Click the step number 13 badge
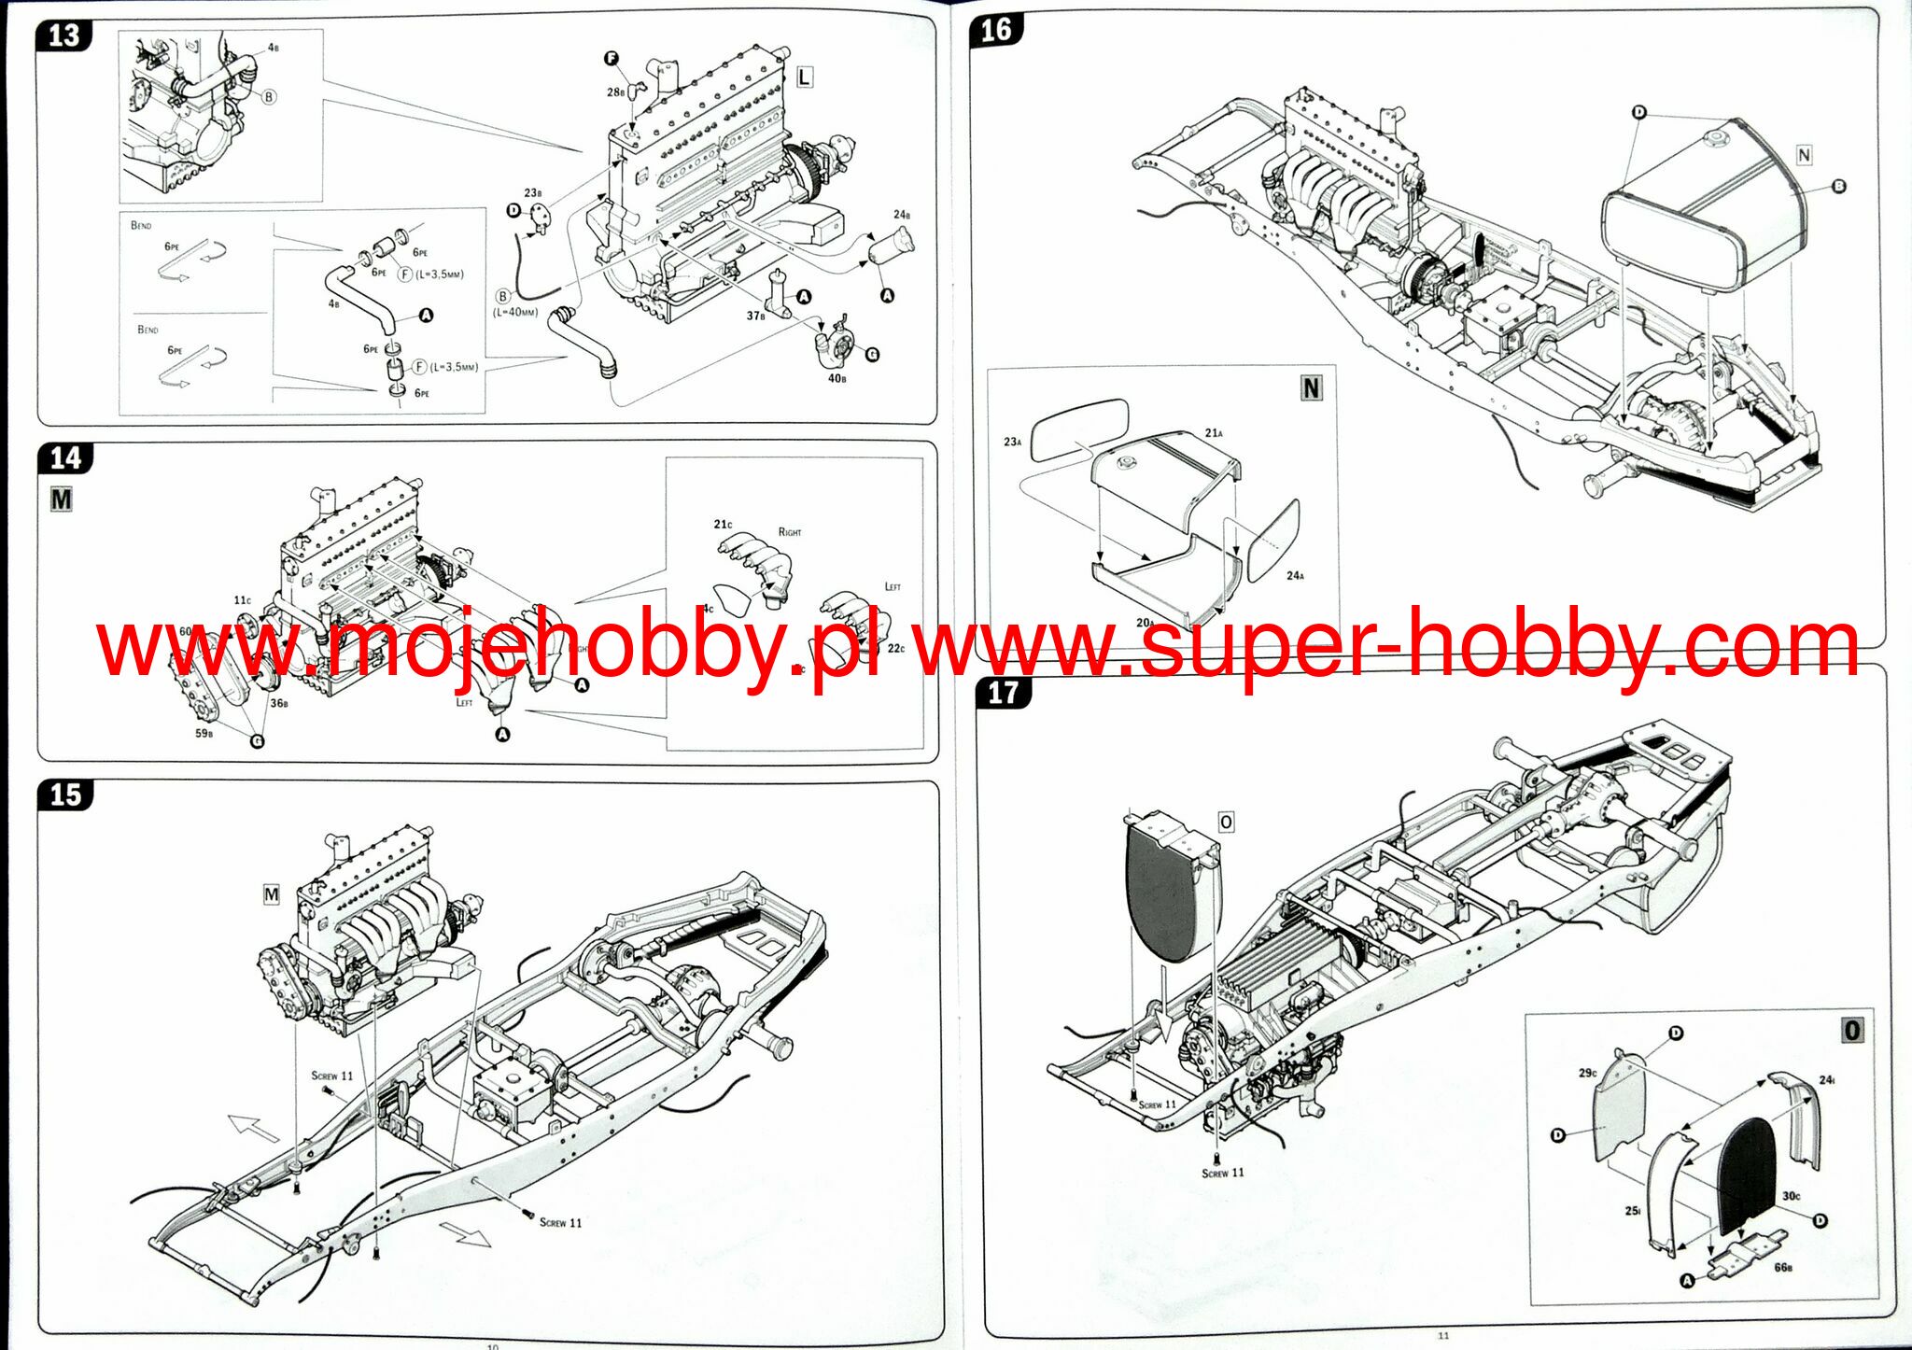63,35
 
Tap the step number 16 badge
995,30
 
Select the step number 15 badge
65,795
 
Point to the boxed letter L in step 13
804,77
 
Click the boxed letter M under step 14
61,499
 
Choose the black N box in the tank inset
1312,388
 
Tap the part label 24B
901,215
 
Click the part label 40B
836,378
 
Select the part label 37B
755,316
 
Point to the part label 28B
615,91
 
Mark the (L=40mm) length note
515,312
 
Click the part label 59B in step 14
204,733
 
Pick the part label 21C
723,525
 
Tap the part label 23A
1012,442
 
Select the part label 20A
1145,622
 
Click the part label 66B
1782,1267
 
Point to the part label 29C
1587,1073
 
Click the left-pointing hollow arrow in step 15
253,1128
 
